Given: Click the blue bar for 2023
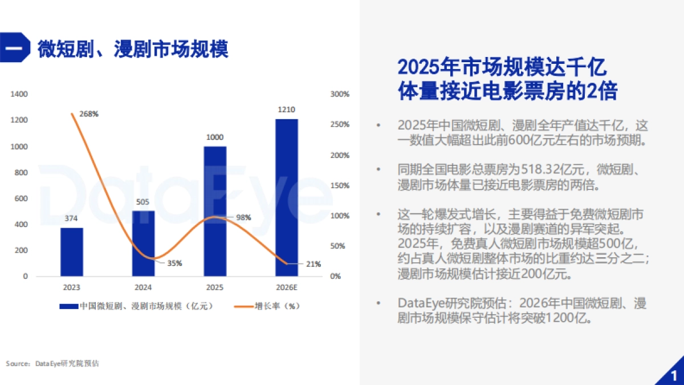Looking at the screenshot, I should (x=72, y=252).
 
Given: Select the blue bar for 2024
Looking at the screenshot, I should (x=143, y=244).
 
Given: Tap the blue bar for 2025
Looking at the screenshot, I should (x=215, y=211).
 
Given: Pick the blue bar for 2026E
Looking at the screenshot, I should (x=286, y=197).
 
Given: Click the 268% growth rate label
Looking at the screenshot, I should (x=88, y=114).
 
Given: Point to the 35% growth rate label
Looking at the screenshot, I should (x=174, y=264).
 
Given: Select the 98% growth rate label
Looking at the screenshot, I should (x=243, y=217).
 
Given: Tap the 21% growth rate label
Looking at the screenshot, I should (x=313, y=264).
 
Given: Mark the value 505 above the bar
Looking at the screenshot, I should (x=143, y=201).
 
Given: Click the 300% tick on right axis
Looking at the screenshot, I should (x=340, y=94).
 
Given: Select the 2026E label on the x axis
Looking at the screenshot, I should (x=286, y=287).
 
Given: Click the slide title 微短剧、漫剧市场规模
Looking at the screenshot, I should (x=133, y=49).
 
